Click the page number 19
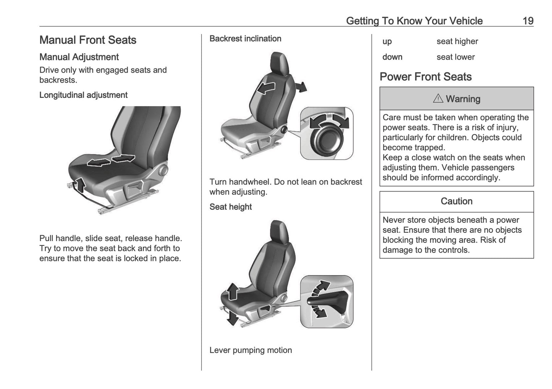[528, 21]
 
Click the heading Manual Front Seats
[88, 40]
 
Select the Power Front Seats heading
[425, 77]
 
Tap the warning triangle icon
[438, 99]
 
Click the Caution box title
[456, 201]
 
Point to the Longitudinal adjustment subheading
[83, 95]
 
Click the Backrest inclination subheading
[245, 39]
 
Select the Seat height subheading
[230, 207]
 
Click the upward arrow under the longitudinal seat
[80, 185]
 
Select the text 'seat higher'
[457, 41]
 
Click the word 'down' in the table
[392, 57]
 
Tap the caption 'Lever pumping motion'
[250, 350]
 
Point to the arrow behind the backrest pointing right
[301, 87]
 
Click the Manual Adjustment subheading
[79, 57]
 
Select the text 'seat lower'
[455, 57]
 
